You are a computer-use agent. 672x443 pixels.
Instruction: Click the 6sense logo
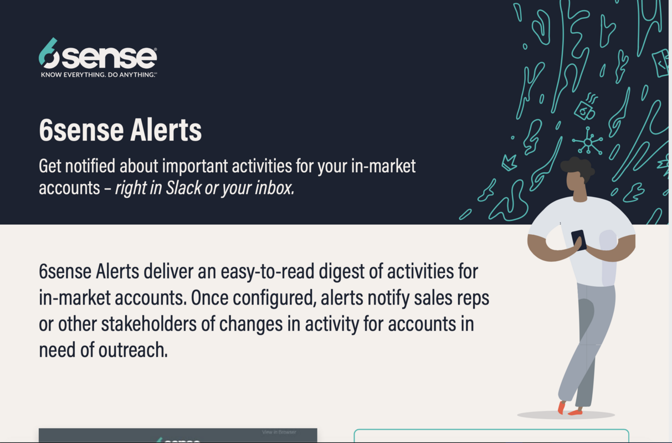click(98, 55)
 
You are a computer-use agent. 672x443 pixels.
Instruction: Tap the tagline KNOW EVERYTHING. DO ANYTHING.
click(99, 74)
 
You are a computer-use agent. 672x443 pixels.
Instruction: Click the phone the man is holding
click(578, 240)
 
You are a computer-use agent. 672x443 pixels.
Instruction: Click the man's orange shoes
click(568, 409)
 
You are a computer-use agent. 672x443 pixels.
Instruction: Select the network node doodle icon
click(588, 142)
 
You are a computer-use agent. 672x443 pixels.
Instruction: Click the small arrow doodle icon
click(509, 162)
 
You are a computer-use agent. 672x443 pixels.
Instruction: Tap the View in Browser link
click(279, 432)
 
